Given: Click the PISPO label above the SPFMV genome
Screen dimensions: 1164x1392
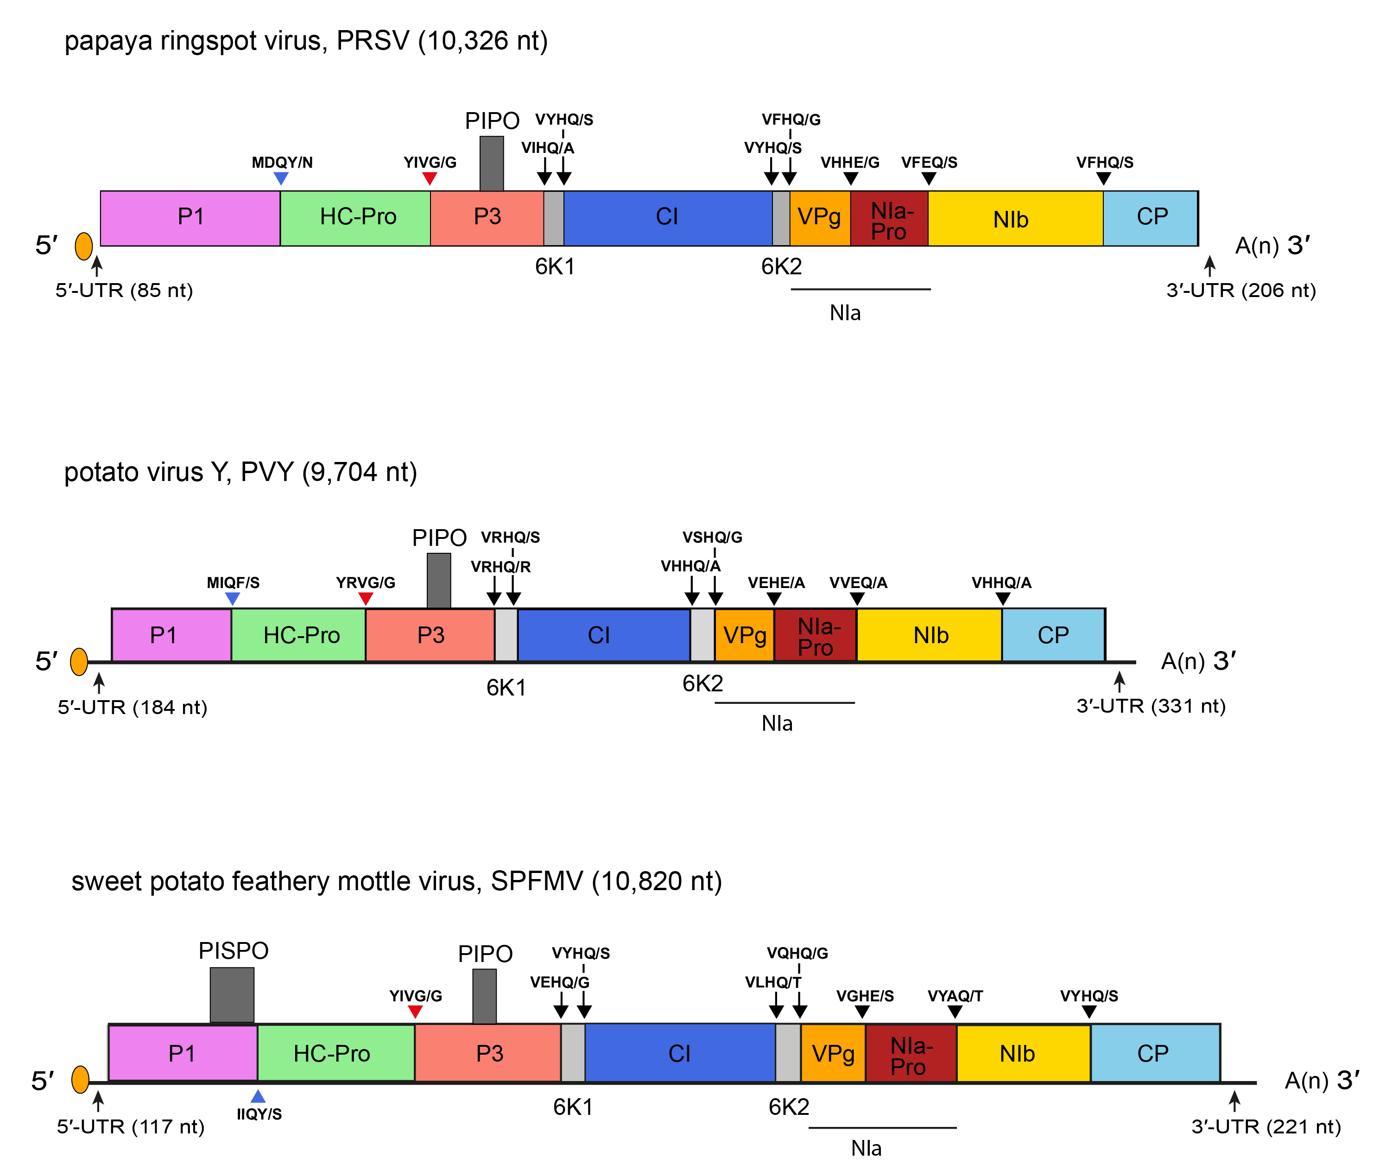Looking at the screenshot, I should point(234,950).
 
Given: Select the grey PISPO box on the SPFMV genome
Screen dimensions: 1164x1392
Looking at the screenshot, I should point(232,994).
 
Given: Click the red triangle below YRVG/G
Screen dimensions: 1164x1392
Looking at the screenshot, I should point(365,599).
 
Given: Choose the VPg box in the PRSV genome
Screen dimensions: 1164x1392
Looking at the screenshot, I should point(819,217).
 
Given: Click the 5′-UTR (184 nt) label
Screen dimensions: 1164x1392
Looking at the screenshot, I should point(133,707).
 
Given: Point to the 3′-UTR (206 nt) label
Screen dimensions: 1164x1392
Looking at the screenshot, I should point(1241,291).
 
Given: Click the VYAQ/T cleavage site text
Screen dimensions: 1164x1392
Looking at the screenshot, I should point(955,996).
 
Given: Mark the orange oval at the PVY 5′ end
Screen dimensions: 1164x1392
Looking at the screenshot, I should point(79,662).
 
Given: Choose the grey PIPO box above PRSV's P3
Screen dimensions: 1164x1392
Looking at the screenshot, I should point(491,163).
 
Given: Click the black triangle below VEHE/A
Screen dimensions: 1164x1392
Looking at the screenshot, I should point(773,599).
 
